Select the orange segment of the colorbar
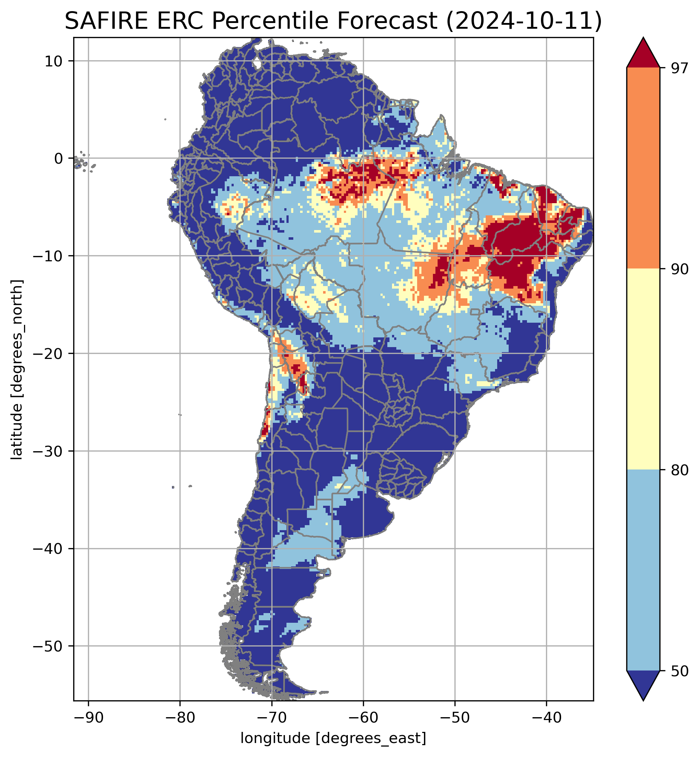point(643,168)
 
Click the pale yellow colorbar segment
point(643,369)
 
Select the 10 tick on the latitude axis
point(54,61)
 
